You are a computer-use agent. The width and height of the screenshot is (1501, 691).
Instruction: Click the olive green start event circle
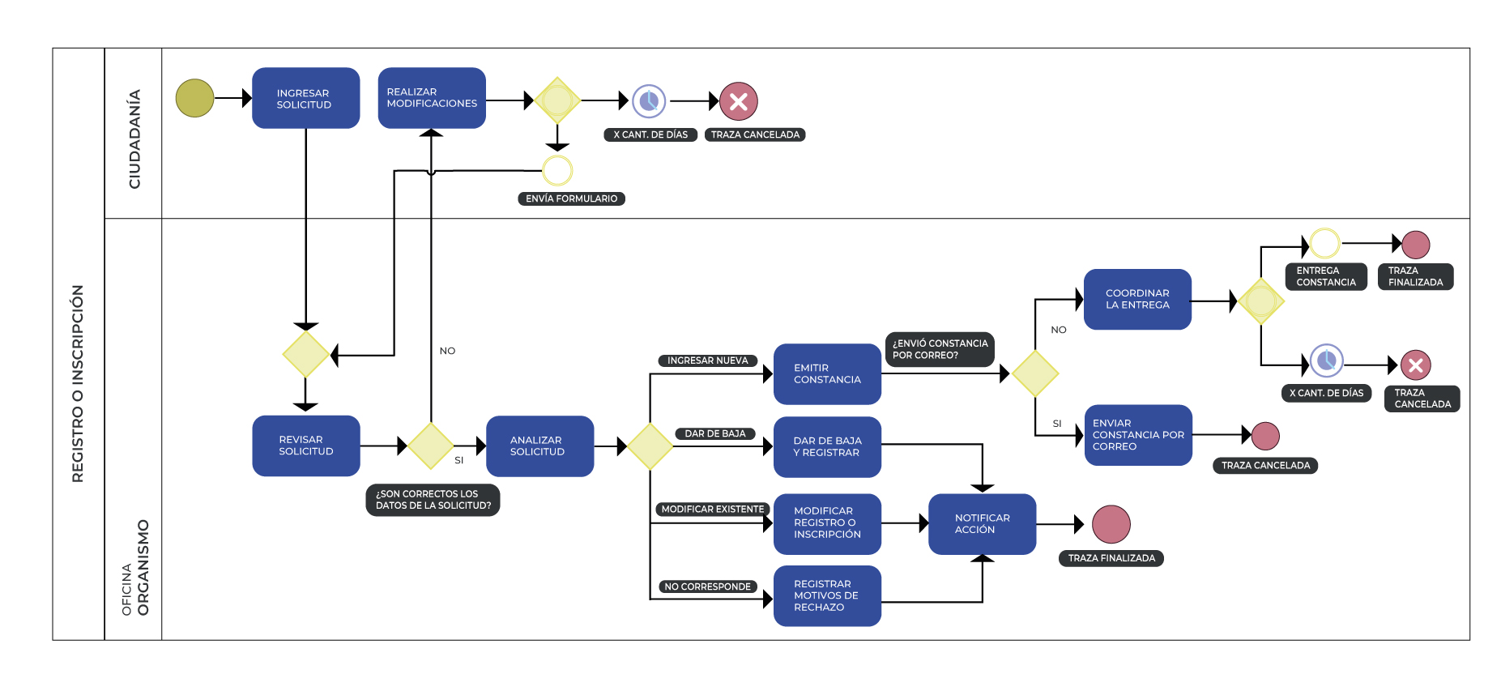click(x=194, y=99)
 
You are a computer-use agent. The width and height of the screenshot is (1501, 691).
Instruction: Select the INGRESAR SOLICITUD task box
click(x=305, y=99)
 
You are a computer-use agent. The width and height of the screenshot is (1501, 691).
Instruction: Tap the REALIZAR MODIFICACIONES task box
click(x=432, y=98)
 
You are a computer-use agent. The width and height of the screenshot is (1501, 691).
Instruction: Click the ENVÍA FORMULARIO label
click(x=571, y=198)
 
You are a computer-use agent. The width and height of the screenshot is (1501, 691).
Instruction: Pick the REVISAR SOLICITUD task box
click(x=305, y=446)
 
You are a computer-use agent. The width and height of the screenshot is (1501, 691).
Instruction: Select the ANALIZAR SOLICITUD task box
click(x=539, y=446)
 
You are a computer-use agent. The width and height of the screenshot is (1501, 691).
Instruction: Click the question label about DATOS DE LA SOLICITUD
click(x=433, y=500)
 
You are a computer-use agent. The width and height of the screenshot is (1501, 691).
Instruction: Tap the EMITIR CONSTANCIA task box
click(x=827, y=373)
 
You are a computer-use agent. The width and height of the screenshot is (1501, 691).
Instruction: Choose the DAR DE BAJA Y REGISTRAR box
click(x=827, y=446)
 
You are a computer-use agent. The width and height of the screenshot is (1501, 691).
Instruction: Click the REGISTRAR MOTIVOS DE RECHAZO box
click(x=827, y=595)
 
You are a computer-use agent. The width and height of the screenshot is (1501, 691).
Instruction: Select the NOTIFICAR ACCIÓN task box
click(x=982, y=524)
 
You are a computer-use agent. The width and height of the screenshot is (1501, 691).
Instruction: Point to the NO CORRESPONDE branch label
click(x=707, y=586)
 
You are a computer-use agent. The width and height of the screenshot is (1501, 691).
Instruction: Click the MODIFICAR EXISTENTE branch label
click(x=712, y=510)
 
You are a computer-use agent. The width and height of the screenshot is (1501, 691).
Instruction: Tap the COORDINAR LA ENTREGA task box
click(x=1137, y=299)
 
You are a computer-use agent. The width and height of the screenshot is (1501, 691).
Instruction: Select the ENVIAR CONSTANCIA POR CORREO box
click(x=1137, y=435)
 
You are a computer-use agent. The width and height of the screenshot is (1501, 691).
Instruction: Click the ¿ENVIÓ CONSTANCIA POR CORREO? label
click(x=940, y=349)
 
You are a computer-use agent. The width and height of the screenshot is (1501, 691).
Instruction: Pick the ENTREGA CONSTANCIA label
click(x=1325, y=277)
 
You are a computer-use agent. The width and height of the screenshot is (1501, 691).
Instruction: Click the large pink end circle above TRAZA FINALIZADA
click(x=1111, y=524)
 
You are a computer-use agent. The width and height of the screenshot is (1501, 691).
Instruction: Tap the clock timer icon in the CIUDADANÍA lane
click(x=649, y=101)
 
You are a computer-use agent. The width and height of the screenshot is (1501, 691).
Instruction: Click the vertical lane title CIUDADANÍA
click(x=134, y=139)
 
